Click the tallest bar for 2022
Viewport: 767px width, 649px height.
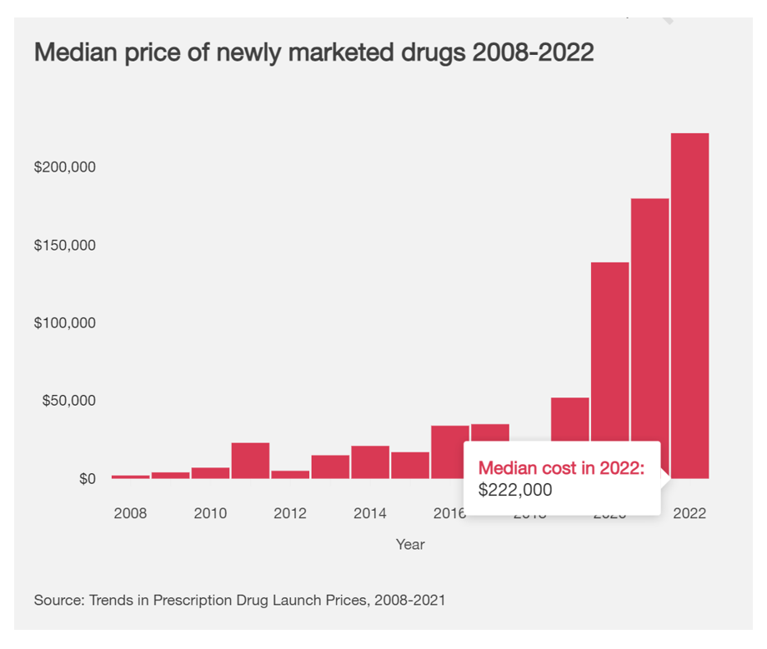point(689,305)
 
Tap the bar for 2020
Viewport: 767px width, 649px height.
point(610,350)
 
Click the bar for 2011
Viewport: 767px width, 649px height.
point(250,461)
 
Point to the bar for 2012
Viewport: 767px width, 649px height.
point(290,474)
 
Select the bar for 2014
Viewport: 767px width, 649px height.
point(370,462)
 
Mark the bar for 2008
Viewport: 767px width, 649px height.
point(131,477)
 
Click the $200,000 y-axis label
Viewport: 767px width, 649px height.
point(65,167)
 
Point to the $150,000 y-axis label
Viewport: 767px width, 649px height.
point(65,246)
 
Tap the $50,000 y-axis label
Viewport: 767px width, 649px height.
point(69,401)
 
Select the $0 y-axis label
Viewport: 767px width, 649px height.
point(86,479)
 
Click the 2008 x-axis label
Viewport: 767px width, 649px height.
point(130,513)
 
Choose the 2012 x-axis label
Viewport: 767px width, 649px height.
point(290,513)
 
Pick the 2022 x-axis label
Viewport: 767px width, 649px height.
point(689,513)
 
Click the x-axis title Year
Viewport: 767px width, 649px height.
point(410,545)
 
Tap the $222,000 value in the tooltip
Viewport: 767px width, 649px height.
point(515,491)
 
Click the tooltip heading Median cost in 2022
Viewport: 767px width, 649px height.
point(561,468)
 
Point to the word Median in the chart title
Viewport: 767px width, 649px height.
point(76,52)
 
